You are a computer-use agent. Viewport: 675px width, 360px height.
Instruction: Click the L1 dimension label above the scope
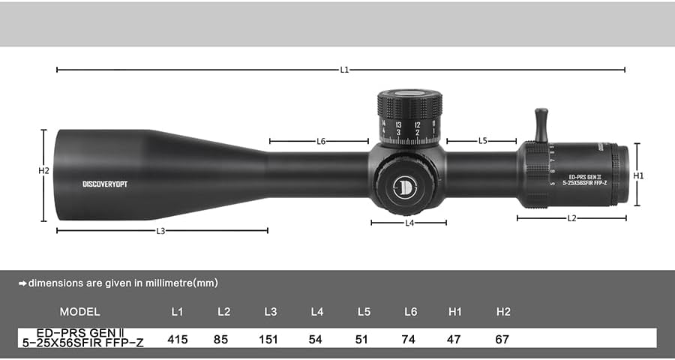(344, 70)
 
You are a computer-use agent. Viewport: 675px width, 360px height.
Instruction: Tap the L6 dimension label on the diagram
(321, 140)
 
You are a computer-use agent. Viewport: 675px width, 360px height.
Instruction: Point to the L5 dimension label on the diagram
(482, 140)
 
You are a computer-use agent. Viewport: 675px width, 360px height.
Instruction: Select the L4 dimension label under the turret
(409, 223)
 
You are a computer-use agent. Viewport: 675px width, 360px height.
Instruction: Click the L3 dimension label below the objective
(160, 231)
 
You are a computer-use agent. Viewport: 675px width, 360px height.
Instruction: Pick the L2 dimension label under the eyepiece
(571, 218)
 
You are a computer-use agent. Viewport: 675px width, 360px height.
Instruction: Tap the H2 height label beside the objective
(43, 171)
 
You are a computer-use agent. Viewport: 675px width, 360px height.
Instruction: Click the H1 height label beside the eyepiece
(638, 175)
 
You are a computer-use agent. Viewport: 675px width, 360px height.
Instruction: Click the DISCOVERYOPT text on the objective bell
(105, 184)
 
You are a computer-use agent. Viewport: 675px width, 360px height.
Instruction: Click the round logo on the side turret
(405, 185)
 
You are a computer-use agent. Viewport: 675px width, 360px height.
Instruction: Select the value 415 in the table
(178, 339)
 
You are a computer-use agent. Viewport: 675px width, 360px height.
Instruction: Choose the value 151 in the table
(268, 339)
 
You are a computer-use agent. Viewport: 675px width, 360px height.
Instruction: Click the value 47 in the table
(455, 339)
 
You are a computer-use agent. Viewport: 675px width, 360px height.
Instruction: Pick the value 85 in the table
(221, 339)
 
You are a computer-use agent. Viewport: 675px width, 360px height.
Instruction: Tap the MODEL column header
(79, 311)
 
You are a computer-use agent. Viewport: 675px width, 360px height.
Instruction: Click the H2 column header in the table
(502, 311)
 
